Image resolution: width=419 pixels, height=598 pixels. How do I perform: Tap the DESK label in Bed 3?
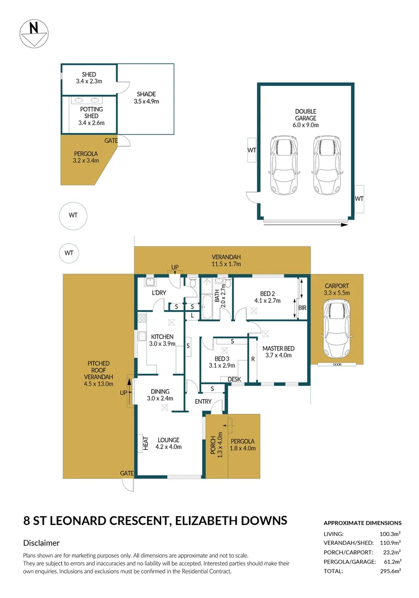point(235,379)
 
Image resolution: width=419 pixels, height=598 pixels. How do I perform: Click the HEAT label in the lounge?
point(147,444)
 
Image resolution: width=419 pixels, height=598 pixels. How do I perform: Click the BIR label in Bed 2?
point(302,307)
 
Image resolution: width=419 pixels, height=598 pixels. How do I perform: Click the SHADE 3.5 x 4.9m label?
point(146,97)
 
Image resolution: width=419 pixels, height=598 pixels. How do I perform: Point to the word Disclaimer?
point(41,543)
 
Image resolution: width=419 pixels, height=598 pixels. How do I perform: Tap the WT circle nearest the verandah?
point(69,253)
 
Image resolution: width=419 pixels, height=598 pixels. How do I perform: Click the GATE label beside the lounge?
point(127,473)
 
